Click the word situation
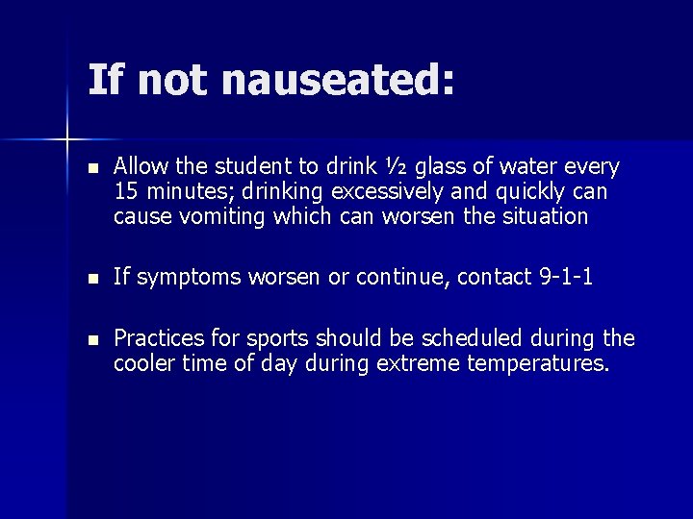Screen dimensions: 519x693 click(x=544, y=216)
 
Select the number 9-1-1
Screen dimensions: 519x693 click(x=565, y=278)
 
